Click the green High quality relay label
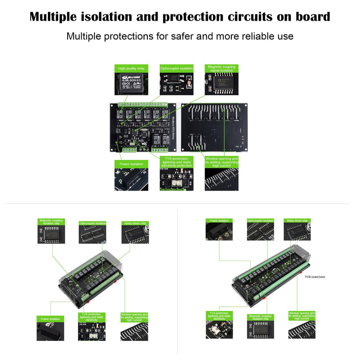[131, 69]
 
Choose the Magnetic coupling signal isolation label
[221, 69]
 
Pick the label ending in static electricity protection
[176, 162]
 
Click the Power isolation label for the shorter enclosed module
[50, 319]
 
